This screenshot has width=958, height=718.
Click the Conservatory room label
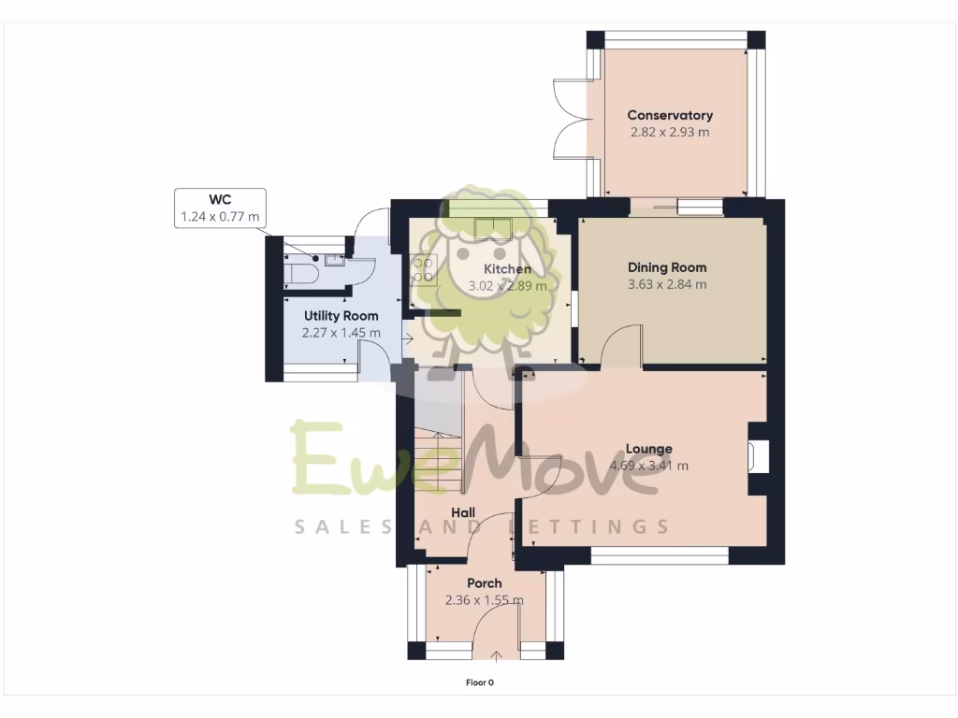[669, 115]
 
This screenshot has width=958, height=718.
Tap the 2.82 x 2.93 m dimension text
[669, 132]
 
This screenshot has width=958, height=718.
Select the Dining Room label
[666, 267]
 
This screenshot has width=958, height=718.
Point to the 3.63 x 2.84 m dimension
[666, 284]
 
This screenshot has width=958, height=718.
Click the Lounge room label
[648, 449]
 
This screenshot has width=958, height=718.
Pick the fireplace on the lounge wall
[758, 458]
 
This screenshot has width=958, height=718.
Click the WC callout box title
[220, 199]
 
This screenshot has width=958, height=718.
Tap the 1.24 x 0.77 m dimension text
[220, 217]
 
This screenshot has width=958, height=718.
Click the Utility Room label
[341, 316]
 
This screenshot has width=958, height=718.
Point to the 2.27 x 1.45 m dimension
[341, 333]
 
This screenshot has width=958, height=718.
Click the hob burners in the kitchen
[422, 269]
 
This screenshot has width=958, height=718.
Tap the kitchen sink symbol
[493, 226]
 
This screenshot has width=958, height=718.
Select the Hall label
[463, 512]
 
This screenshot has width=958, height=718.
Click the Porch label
[484, 582]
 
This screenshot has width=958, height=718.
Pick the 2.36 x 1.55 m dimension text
[484, 600]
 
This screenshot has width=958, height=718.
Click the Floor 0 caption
[479, 682]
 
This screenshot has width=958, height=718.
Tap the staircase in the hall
[439, 458]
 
